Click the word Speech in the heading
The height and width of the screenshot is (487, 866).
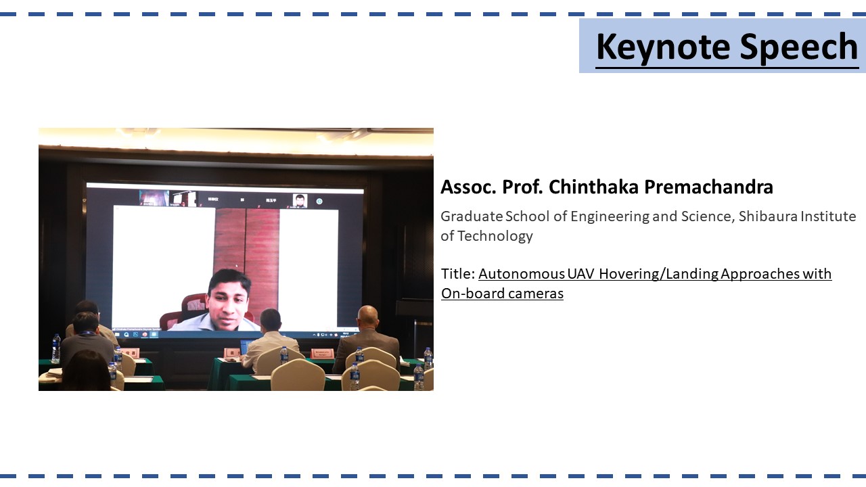tap(799, 47)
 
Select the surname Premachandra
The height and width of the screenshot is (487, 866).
tap(708, 187)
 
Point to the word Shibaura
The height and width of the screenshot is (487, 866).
tap(767, 216)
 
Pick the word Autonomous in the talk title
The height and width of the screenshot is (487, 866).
tap(522, 274)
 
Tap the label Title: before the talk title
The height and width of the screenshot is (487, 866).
tap(458, 274)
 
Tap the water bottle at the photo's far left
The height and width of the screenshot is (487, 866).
tap(56, 348)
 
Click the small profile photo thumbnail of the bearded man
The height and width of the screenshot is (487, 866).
tap(300, 200)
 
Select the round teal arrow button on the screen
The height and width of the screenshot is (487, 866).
tap(319, 202)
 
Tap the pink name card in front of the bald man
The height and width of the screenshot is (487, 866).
tap(322, 353)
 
